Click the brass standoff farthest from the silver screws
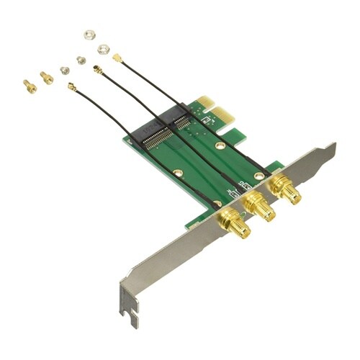[x=30, y=86]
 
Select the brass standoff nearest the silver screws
[x=47, y=77]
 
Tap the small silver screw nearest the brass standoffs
[x=65, y=70]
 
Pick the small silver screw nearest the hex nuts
[x=81, y=60]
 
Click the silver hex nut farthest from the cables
[x=89, y=35]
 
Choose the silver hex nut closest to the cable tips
[x=102, y=48]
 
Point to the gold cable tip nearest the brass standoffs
[x=72, y=87]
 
